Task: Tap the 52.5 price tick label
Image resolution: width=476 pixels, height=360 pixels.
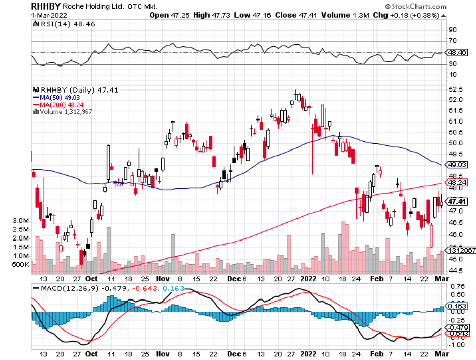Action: tap(454, 89)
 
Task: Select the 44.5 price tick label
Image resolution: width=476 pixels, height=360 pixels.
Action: tap(454, 270)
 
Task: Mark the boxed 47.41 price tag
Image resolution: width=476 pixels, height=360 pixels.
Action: tap(455, 201)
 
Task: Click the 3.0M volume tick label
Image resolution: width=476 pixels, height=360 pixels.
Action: tap(20, 221)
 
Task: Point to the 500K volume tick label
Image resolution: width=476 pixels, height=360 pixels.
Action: tap(20, 265)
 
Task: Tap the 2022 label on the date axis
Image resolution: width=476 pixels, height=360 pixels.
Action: tap(308, 279)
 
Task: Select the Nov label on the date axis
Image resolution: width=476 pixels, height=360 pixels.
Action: tap(162, 279)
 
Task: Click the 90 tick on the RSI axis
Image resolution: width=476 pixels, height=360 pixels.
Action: tap(451, 29)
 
